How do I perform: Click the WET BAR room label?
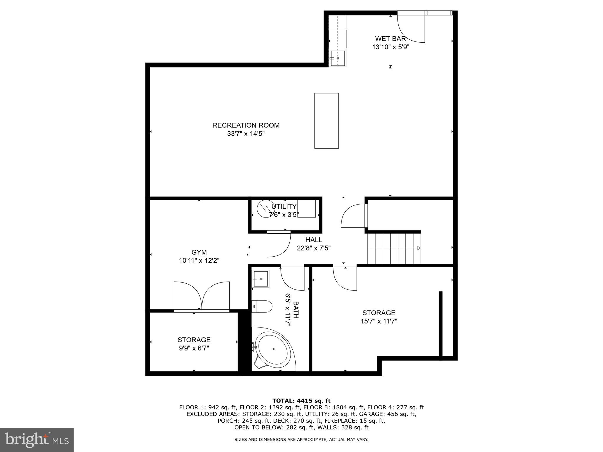[x=390, y=39]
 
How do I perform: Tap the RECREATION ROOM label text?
[x=246, y=125]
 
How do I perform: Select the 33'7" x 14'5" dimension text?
[x=246, y=134]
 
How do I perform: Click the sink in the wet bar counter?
[x=337, y=58]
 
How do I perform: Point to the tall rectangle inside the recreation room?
[x=326, y=121]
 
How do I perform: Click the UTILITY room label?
[x=284, y=206]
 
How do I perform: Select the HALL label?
[x=314, y=240]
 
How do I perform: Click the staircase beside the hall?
[x=394, y=248]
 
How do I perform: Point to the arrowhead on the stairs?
[x=419, y=248]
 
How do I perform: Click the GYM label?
[x=199, y=252]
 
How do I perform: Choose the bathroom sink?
[x=261, y=279]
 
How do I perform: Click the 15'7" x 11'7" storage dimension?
[x=379, y=321]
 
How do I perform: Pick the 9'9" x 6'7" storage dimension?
[x=194, y=348]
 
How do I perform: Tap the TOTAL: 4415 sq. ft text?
[x=301, y=401]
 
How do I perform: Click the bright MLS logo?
[x=37, y=440]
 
